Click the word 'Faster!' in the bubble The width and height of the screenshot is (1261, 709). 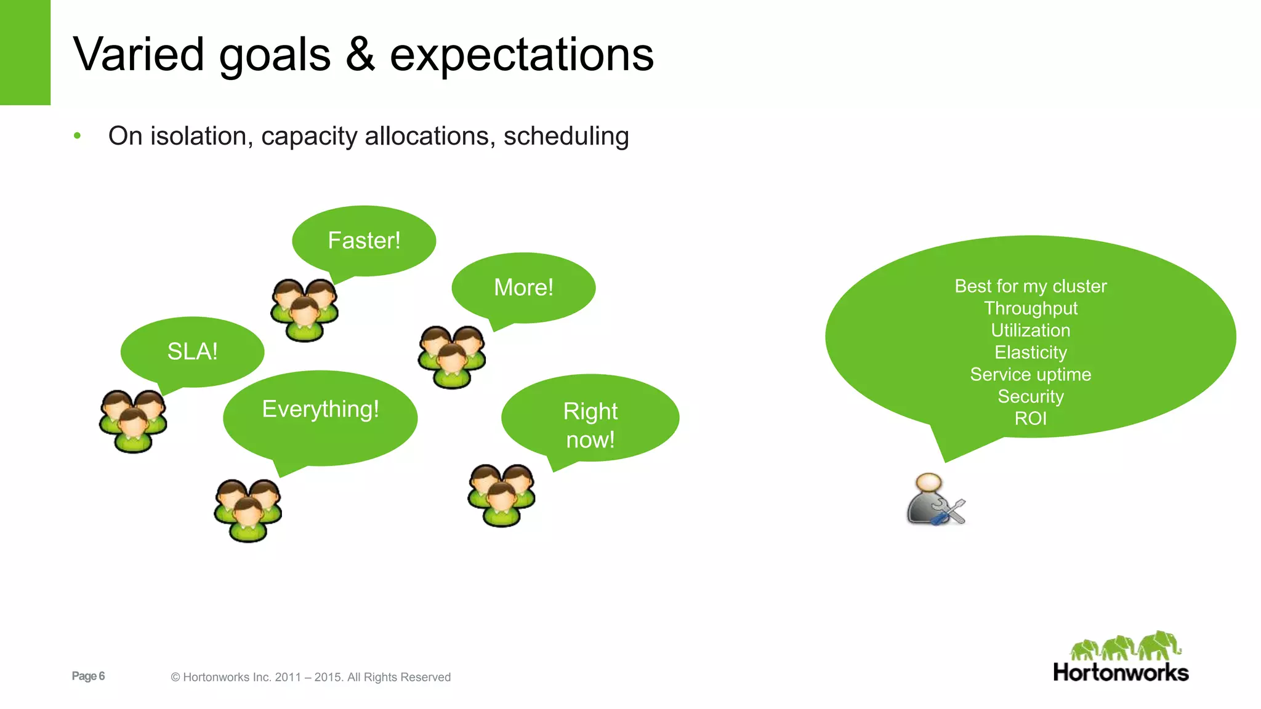pos(364,241)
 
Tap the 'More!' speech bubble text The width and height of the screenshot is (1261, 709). pos(523,287)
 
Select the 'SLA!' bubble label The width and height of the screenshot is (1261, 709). pos(192,351)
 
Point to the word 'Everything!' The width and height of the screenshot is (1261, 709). pos(320,409)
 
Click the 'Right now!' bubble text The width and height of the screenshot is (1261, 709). pos(590,425)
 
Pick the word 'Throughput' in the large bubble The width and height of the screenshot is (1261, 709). pos(1030,308)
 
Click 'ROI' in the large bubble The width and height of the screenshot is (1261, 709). pos(1030,419)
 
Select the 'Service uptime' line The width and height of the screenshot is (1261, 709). pos(1030,374)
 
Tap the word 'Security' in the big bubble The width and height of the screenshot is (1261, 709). pos(1030,396)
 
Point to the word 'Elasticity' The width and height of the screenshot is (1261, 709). pos(1030,352)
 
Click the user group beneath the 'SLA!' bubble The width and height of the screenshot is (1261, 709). pos(133,421)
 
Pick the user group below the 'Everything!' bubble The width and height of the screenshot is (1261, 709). pos(248,510)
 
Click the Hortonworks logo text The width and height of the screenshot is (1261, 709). pos(1120,673)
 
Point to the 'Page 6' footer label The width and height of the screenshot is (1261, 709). pos(88,676)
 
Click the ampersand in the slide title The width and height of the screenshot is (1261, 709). pos(360,54)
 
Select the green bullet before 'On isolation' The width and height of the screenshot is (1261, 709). pos(77,135)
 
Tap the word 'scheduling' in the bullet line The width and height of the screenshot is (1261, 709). pos(566,136)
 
